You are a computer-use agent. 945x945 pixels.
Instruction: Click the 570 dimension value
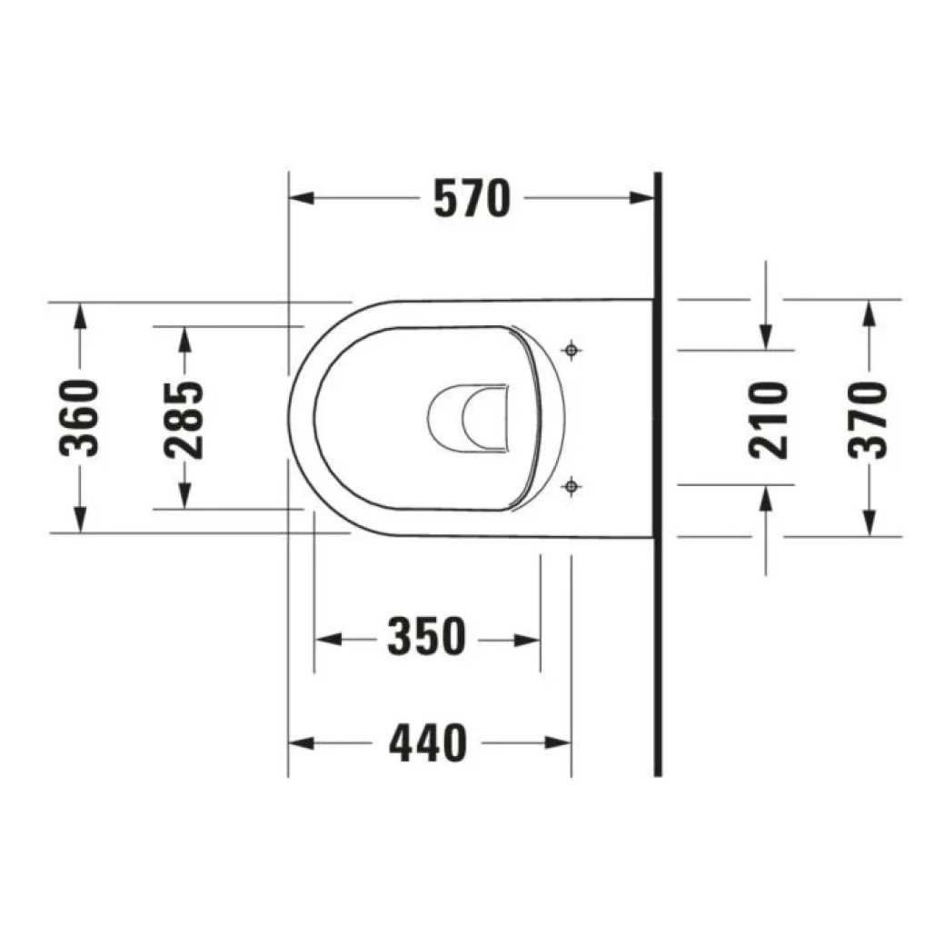pos(472,199)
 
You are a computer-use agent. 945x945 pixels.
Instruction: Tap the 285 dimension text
pos(184,417)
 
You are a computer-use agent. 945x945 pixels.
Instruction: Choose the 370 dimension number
pos(870,417)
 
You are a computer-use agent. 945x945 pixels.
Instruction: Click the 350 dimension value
pos(426,639)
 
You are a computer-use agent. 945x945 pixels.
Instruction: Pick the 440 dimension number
pos(428,743)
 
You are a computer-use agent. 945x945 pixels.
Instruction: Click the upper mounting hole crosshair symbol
pos(571,350)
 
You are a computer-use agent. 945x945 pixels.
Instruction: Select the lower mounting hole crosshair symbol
pos(571,487)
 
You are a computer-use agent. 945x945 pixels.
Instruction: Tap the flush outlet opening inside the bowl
pos(469,418)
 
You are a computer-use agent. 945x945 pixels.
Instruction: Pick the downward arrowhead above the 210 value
pos(766,336)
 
